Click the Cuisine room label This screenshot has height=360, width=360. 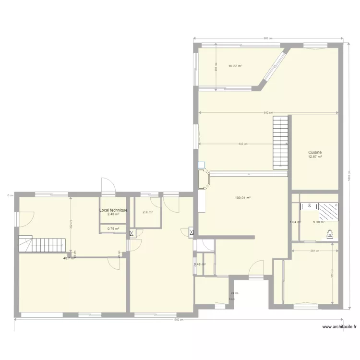(315, 152)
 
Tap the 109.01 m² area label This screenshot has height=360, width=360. (243, 198)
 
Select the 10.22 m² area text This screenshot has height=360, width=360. (235, 66)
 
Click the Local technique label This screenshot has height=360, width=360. (113, 210)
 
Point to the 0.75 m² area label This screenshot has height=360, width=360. (113, 229)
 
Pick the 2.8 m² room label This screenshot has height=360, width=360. (147, 212)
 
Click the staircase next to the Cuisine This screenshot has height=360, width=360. (280, 142)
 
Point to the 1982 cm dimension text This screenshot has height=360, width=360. (178, 320)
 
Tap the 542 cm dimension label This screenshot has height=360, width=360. (243, 144)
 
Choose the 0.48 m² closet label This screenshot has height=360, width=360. (200, 264)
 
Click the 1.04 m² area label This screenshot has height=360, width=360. (295, 222)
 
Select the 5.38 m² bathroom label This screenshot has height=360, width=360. (319, 222)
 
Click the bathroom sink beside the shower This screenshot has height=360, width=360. (309, 206)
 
